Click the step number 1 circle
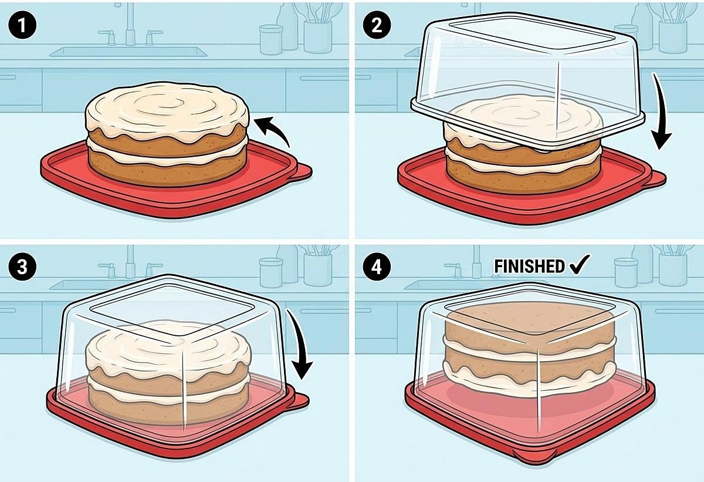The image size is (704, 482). [22, 25]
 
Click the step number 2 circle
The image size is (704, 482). [377, 25]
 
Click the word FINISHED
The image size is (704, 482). [529, 267]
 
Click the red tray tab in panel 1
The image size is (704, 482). [301, 172]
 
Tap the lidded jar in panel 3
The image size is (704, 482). [271, 272]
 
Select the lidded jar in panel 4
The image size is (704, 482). [626, 272]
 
